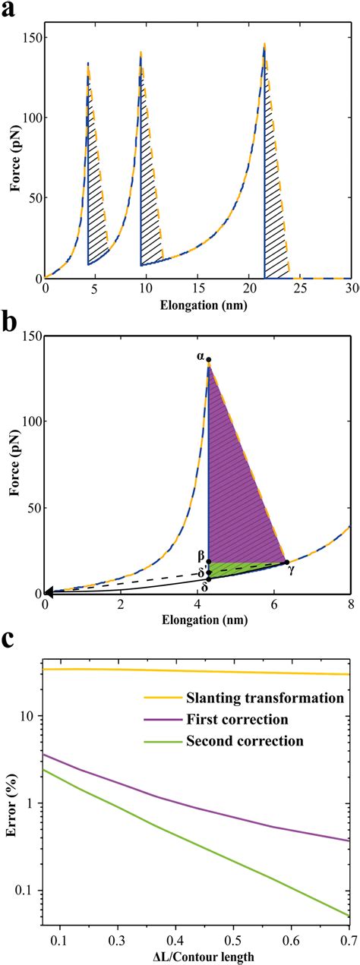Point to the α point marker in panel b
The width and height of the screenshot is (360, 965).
(209, 360)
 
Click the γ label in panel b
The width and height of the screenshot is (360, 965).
(291, 569)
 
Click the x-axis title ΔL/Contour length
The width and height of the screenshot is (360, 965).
(199, 955)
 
